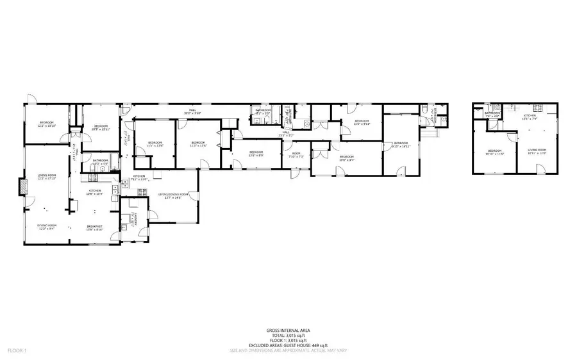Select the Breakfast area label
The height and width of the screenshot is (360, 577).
click(96, 227)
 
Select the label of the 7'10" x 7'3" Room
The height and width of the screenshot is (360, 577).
click(296, 154)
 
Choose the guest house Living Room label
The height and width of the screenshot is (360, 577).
click(537, 151)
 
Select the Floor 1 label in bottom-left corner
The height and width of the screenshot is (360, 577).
click(16, 351)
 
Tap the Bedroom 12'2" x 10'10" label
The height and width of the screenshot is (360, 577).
click(47, 123)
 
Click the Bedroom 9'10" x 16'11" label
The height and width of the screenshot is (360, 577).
click(401, 144)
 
